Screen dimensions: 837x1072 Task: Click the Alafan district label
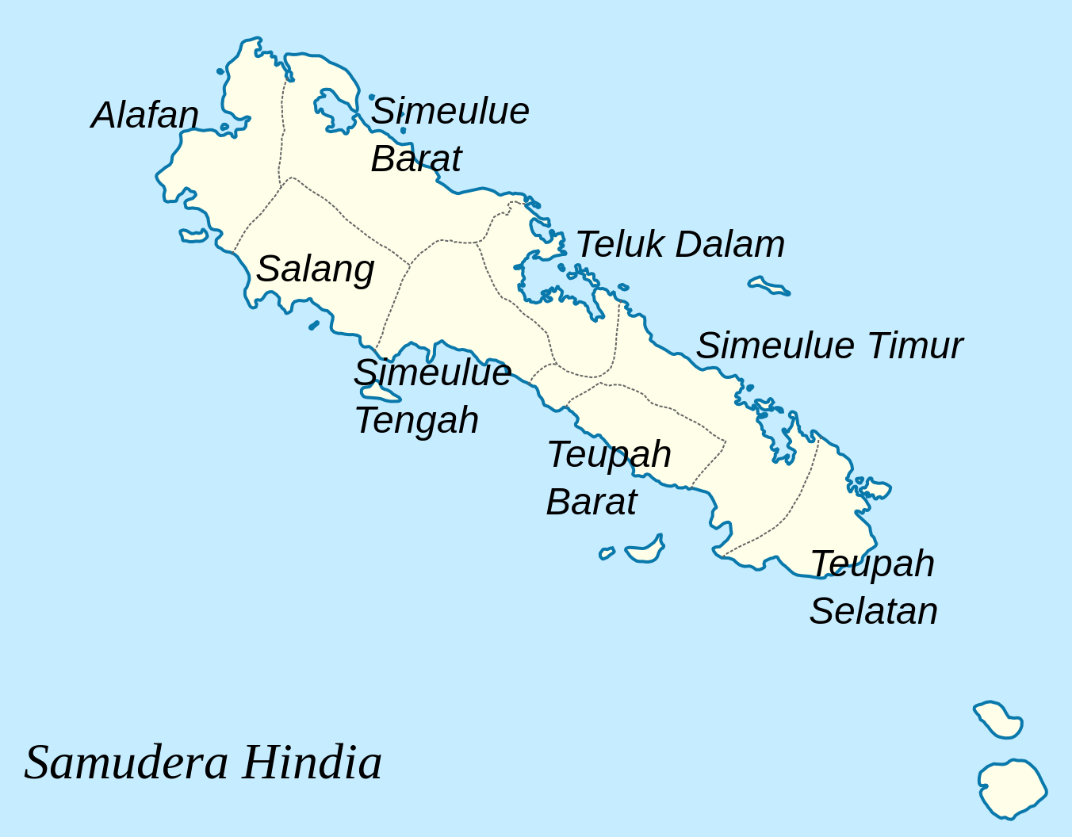pyautogui.click(x=145, y=116)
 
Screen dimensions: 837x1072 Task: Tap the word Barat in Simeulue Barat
pyautogui.click(x=415, y=159)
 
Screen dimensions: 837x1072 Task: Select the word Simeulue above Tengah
pyautogui.click(x=432, y=373)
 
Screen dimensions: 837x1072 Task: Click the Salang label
pyautogui.click(x=315, y=269)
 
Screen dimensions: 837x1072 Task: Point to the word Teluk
pyautogui.click(x=619, y=244)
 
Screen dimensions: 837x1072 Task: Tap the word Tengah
pyautogui.click(x=416, y=421)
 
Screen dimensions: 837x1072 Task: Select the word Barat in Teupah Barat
pyautogui.click(x=591, y=503)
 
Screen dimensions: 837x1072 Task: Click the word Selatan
pyautogui.click(x=873, y=611)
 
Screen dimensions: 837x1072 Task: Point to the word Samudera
pyautogui.click(x=127, y=762)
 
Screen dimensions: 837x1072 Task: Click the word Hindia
pyautogui.click(x=312, y=762)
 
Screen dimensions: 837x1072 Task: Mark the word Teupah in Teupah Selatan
pyautogui.click(x=872, y=564)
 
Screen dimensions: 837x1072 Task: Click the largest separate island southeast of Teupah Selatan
pyautogui.click(x=1013, y=789)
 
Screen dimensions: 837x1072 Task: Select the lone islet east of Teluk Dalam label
pyautogui.click(x=768, y=285)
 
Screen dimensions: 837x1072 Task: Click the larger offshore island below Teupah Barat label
pyautogui.click(x=645, y=551)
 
